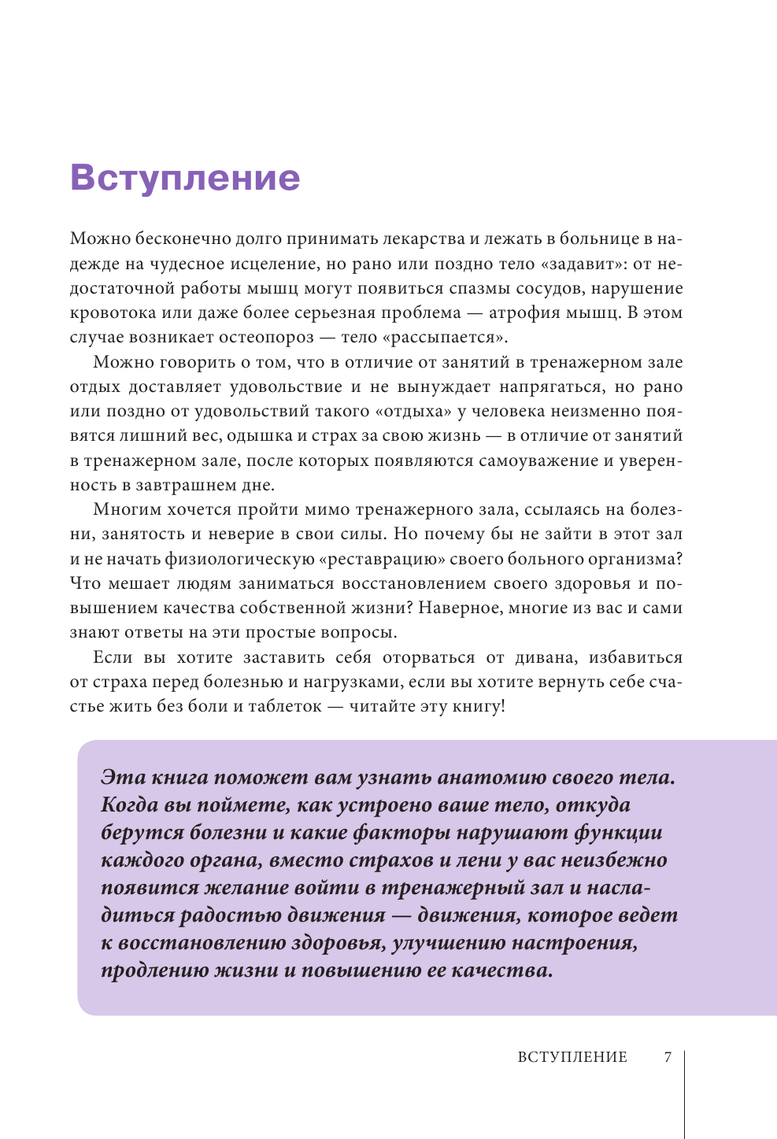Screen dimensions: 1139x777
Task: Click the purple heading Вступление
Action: click(185, 178)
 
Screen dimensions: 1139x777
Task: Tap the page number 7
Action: click(668, 1057)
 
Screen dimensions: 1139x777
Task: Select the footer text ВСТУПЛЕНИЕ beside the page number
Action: click(572, 1057)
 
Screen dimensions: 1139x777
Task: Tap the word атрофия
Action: click(519, 313)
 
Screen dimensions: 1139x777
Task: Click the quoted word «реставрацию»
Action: click(379, 559)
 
